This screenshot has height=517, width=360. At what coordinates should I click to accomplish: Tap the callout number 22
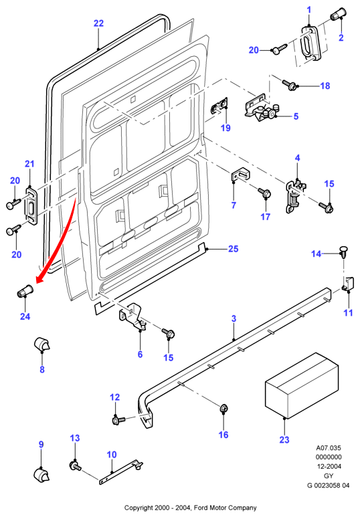tap(98, 23)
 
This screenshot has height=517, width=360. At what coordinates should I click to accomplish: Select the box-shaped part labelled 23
tap(302, 385)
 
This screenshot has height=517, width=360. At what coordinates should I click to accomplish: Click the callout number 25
tap(234, 249)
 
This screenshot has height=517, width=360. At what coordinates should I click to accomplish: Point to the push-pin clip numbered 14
tap(344, 253)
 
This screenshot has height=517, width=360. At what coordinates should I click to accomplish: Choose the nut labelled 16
tap(223, 409)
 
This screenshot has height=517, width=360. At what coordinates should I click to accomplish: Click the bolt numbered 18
tap(288, 84)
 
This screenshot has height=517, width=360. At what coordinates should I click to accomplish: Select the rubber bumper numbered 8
tap(42, 344)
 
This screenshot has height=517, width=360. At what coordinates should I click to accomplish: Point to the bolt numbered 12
tap(118, 421)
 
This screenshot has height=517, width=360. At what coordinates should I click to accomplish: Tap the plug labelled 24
tap(25, 290)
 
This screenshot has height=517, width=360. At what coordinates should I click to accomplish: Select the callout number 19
tap(226, 128)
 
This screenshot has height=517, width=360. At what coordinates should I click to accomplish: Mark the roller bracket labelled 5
tap(263, 108)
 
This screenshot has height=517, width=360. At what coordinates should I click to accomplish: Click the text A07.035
tap(329, 447)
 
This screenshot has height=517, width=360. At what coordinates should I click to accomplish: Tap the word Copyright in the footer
tap(138, 508)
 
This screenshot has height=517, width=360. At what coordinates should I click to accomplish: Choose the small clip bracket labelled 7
tap(240, 175)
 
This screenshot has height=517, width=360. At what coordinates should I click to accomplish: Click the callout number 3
tap(234, 318)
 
